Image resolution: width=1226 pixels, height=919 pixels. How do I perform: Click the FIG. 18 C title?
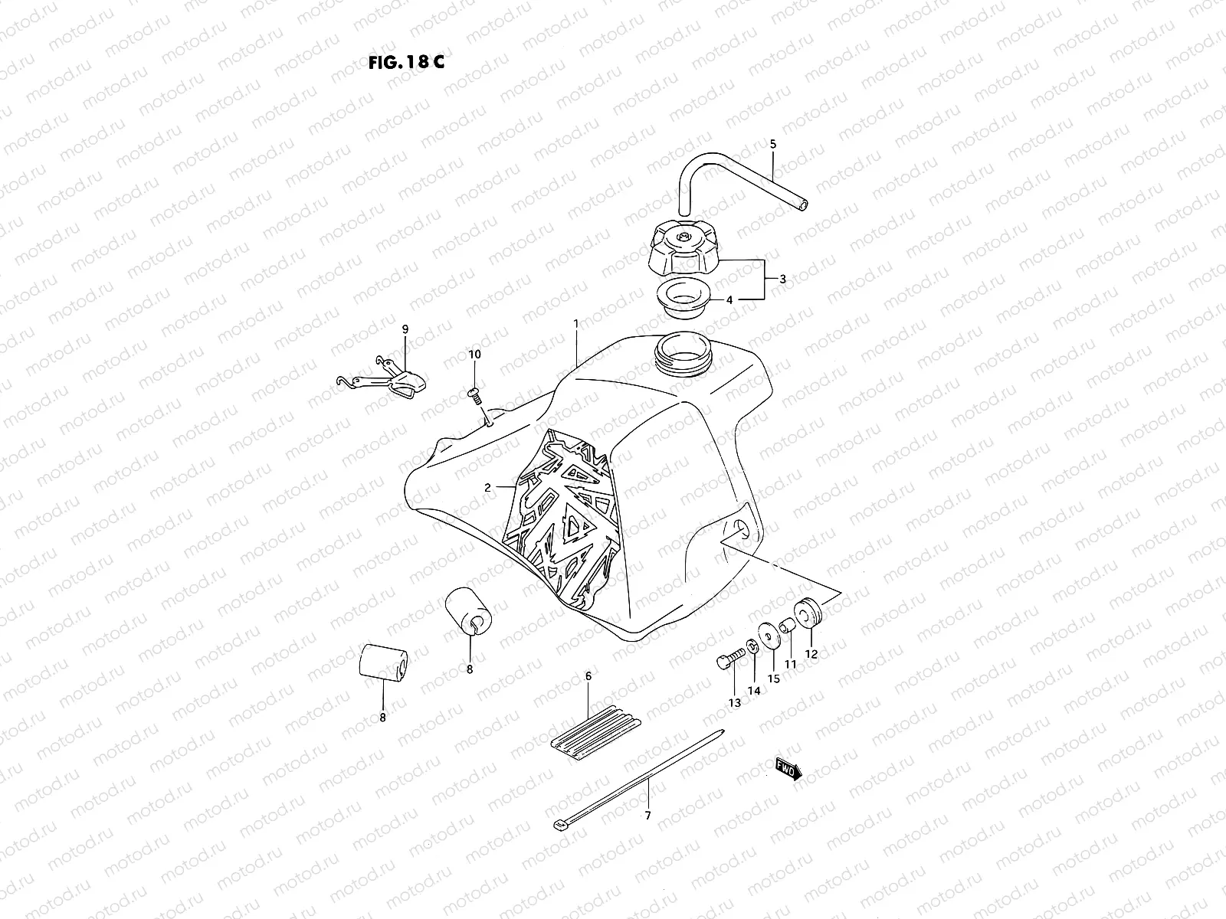[405, 62]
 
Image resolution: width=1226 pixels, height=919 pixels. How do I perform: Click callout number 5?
[772, 144]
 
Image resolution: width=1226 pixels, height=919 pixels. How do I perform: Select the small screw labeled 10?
[474, 394]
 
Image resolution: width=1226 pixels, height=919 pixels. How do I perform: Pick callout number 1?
[575, 324]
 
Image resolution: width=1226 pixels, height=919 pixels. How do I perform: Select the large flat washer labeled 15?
[766, 634]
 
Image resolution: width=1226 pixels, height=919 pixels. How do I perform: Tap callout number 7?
[647, 816]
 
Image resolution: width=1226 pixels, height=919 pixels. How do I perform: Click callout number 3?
[782, 280]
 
